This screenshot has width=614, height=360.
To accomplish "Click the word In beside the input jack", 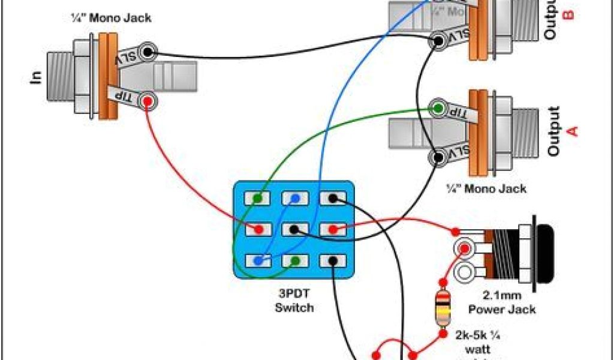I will (35, 77).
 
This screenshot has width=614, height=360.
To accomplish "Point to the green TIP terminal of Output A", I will (439, 109).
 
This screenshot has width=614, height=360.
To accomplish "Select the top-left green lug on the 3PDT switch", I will (257, 197).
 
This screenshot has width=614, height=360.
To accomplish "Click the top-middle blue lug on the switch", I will (294, 197).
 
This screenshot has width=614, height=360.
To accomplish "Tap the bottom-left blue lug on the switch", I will (258, 261).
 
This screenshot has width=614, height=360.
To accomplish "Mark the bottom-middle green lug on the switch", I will (294, 261).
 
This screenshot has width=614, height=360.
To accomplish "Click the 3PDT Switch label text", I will (294, 302).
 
